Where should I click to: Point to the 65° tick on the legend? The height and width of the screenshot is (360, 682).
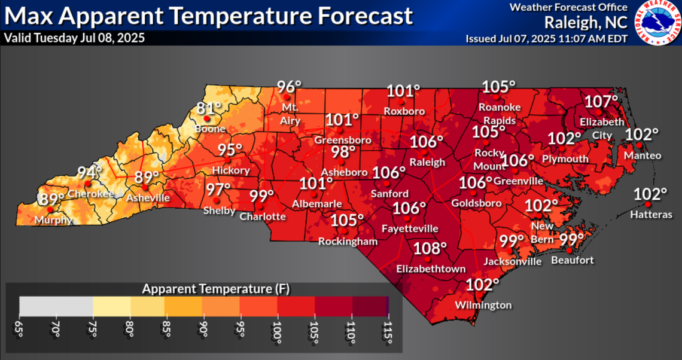click(20, 332)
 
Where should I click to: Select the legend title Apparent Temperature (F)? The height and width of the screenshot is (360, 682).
click(216, 289)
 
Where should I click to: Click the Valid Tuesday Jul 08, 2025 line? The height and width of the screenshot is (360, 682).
click(74, 38)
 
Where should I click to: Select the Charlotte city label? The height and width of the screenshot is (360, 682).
click(263, 216)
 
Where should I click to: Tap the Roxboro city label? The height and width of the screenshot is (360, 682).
click(404, 111)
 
